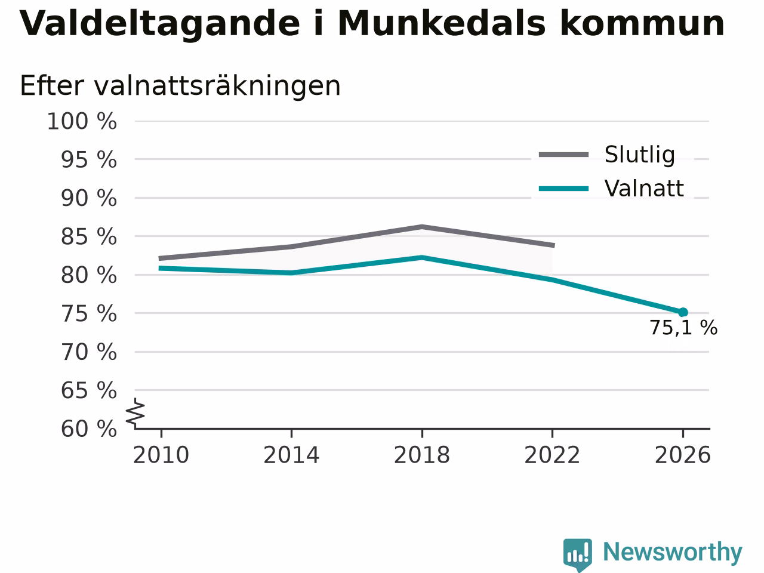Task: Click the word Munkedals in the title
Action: (x=441, y=23)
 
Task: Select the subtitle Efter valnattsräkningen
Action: (x=180, y=86)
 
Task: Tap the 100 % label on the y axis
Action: (x=82, y=122)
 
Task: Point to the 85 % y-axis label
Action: (x=89, y=237)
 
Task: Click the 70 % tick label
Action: (x=89, y=352)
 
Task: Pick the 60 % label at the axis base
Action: (x=89, y=429)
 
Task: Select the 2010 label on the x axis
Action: (x=161, y=455)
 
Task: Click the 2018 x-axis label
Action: (x=422, y=455)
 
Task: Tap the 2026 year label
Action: (x=683, y=455)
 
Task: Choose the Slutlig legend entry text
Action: (x=640, y=155)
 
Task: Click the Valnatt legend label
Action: (x=644, y=189)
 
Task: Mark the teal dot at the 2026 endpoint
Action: (x=683, y=312)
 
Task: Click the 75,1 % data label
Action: (x=683, y=328)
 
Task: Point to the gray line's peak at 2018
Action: (x=422, y=227)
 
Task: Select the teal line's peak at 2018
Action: (x=422, y=257)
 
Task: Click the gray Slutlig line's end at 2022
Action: (x=553, y=245)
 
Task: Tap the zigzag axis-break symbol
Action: (x=135, y=414)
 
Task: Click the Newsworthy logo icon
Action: (x=577, y=554)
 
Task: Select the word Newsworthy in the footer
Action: (x=673, y=552)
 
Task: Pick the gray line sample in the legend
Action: (x=563, y=155)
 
